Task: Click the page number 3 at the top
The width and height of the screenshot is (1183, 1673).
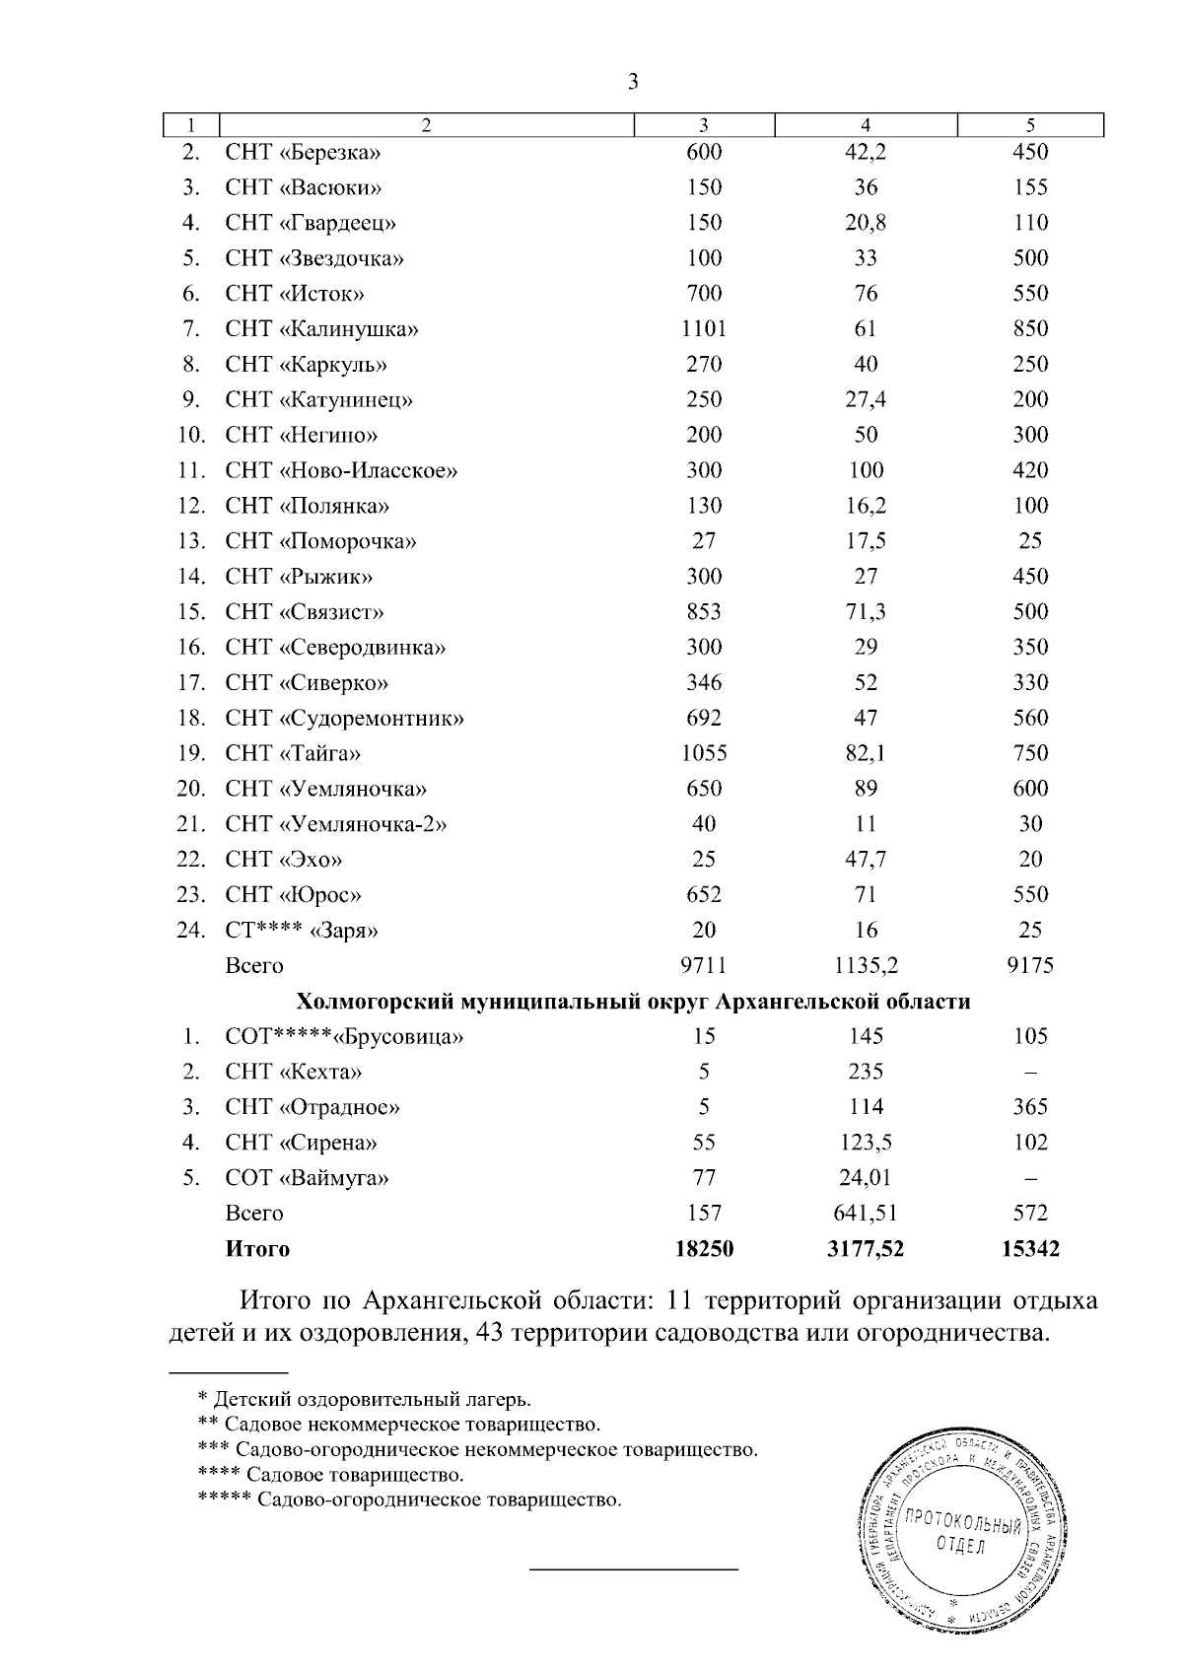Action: (x=633, y=82)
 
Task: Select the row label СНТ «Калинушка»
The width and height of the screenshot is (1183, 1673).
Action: (x=321, y=329)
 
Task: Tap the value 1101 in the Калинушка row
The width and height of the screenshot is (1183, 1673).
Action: (x=704, y=329)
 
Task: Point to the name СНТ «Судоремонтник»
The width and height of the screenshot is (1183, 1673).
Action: (x=344, y=719)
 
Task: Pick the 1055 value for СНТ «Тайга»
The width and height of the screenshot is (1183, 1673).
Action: (x=704, y=754)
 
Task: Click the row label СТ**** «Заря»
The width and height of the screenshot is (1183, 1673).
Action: (x=302, y=931)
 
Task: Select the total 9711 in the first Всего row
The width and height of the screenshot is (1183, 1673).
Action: (x=704, y=966)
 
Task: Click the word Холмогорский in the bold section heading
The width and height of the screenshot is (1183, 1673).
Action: (x=376, y=1003)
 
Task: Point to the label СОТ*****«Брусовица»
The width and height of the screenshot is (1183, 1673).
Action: (x=344, y=1037)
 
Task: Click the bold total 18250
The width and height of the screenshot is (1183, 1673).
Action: (x=704, y=1250)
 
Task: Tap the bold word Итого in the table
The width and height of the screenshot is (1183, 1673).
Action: (x=257, y=1250)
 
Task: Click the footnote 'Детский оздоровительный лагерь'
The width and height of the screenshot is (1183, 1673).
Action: (x=373, y=1399)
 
